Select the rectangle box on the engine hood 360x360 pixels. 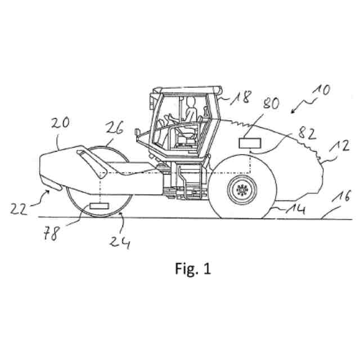(x=250, y=143)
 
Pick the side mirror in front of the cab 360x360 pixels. (x=136, y=134)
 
